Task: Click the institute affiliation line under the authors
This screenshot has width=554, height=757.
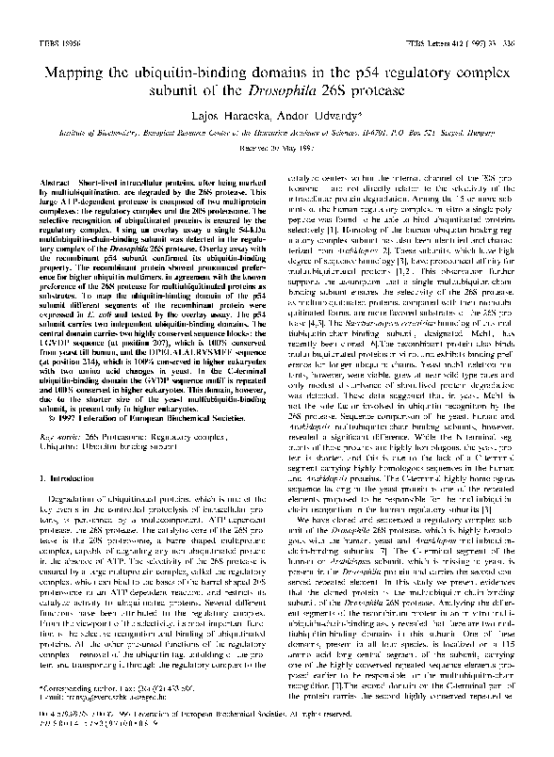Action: tap(277, 136)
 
